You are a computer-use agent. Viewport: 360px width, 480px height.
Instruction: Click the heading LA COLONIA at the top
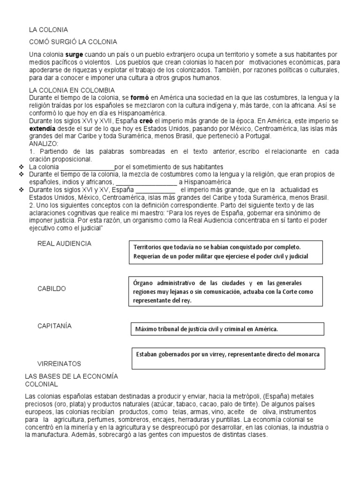click(49, 30)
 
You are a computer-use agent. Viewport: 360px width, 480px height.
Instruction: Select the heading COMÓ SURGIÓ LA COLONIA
click(73, 42)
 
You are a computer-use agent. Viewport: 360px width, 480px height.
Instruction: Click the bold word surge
click(74, 54)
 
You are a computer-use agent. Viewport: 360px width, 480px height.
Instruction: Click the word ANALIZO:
click(43, 143)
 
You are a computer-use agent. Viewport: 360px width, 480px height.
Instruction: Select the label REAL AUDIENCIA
click(64, 244)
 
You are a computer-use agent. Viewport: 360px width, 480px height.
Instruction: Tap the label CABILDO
click(52, 288)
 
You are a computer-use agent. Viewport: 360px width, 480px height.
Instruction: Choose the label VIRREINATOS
click(59, 363)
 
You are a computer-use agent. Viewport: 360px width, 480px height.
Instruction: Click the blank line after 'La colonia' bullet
click(88, 167)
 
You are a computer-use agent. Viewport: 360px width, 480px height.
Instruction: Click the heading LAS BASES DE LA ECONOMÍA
click(70, 376)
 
